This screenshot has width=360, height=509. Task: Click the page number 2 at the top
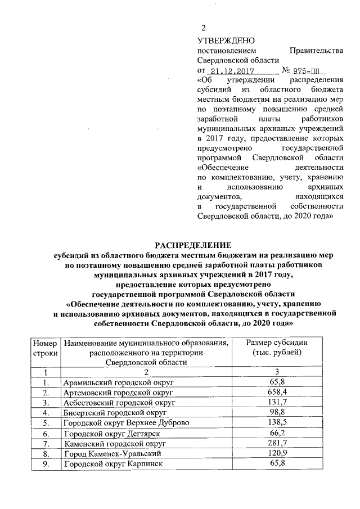coord(204,29)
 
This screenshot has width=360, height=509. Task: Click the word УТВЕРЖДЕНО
coord(226,40)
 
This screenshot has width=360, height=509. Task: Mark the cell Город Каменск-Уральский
coord(113,453)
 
